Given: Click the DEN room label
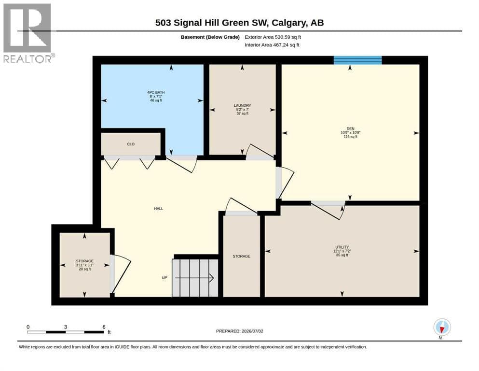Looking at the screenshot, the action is point(350,128).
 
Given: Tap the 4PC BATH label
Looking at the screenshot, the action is point(156,92).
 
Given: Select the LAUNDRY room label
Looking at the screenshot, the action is point(242,105).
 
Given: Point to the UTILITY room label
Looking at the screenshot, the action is point(342,247).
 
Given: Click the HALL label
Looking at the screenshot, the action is point(159,209).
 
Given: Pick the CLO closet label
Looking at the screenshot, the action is point(131,144).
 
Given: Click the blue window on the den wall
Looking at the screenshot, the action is point(357,60).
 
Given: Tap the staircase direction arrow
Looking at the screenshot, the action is point(194,278).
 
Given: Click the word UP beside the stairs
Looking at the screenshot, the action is point(164,278).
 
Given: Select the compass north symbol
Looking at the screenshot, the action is point(442,327).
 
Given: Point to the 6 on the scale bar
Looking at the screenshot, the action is point(104,327).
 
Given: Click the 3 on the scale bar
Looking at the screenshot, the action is point(66,327).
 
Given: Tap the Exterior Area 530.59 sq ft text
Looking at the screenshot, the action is point(273,37).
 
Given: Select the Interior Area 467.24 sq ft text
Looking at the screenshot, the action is point(272,45).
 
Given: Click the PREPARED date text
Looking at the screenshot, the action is point(239,331).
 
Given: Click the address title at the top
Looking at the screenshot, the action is point(239,23).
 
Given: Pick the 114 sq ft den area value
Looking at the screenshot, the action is point(350,136).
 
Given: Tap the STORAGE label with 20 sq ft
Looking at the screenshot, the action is point(84,261).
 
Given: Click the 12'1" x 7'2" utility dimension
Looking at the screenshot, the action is point(342,251).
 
